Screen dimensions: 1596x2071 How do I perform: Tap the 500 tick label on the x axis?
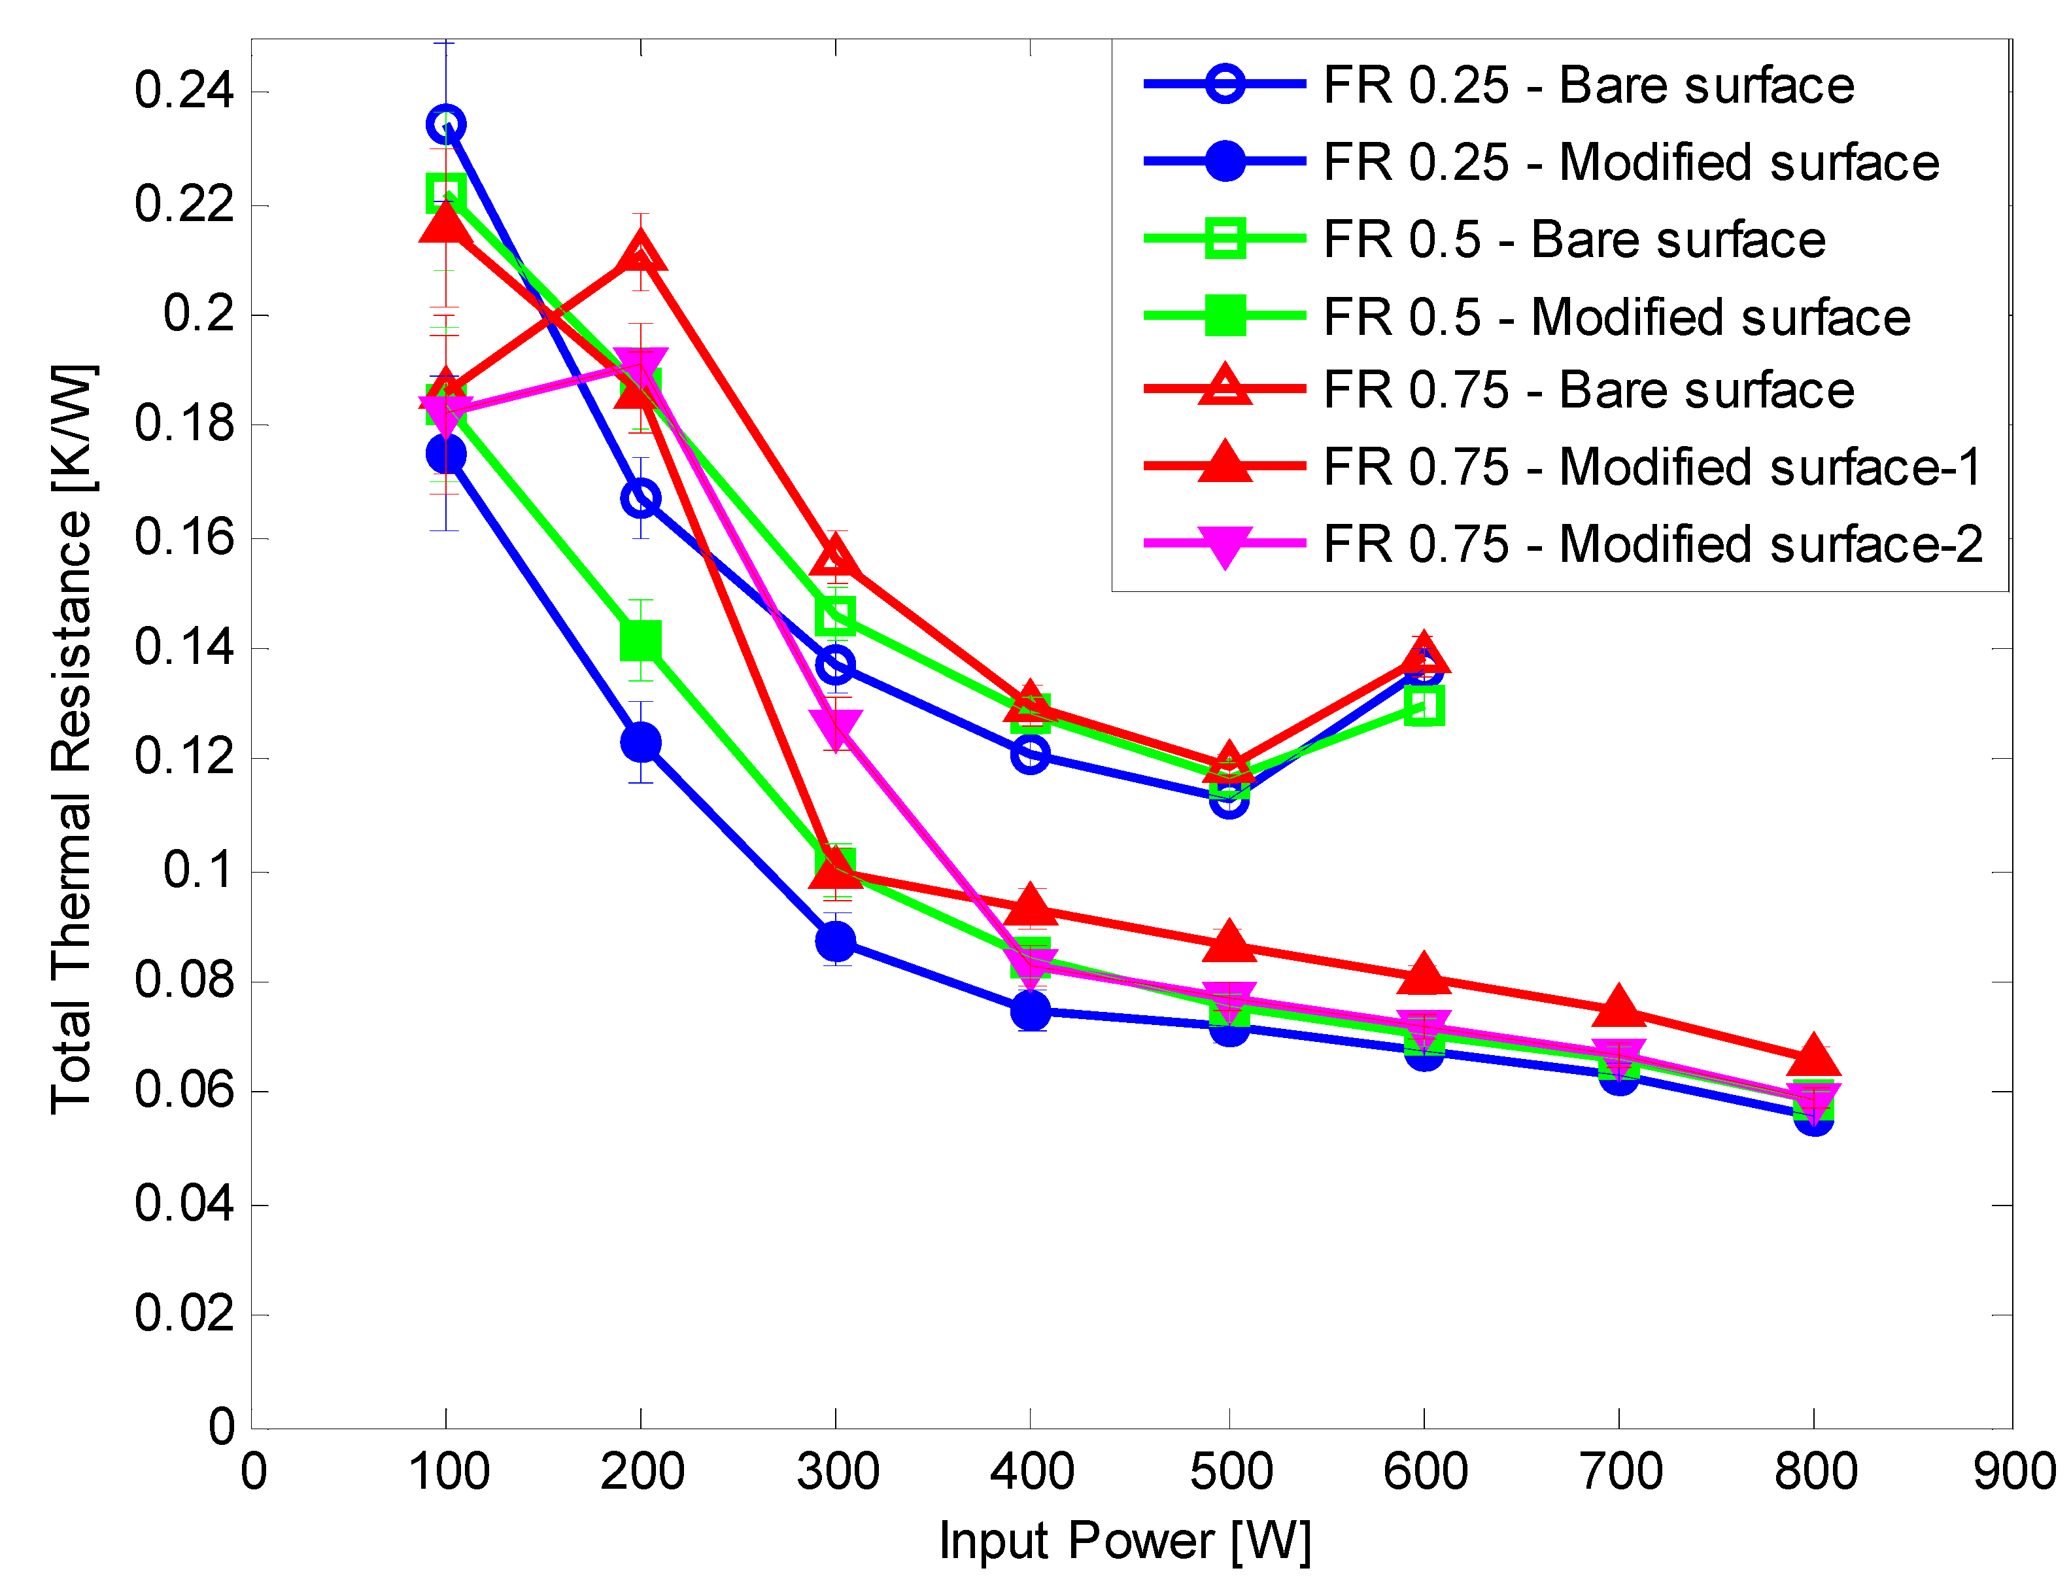tap(1231, 1472)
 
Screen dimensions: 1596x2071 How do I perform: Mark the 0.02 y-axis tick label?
tap(184, 1313)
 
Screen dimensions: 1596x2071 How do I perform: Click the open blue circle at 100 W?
tap(446, 124)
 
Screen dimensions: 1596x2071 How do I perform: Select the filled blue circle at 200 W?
tap(641, 742)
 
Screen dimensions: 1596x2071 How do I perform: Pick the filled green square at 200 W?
tap(641, 640)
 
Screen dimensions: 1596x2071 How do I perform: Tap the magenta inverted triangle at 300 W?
tap(836, 729)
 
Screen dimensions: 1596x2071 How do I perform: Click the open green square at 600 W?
tap(1424, 706)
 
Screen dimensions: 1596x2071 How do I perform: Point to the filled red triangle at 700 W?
tap(1618, 1008)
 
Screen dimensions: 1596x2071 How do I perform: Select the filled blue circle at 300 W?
tap(836, 941)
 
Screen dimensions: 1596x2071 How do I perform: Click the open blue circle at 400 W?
tap(1030, 754)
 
